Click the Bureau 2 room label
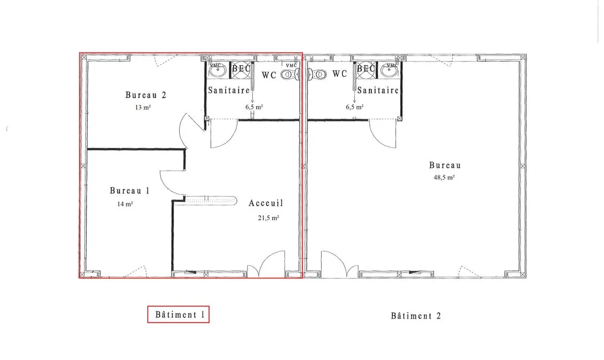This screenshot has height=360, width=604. (146, 95)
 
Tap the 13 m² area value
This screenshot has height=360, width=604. (142, 107)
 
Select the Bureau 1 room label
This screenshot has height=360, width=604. (130, 190)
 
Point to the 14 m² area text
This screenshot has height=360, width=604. (125, 204)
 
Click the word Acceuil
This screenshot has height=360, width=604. (266, 203)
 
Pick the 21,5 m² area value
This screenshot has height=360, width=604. (268, 218)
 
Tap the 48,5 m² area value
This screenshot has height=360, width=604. (444, 178)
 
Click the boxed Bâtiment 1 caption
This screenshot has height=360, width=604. (178, 314)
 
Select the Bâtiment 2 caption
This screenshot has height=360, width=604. (416, 316)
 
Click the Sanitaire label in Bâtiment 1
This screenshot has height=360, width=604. (229, 91)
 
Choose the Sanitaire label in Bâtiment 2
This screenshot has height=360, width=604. (378, 91)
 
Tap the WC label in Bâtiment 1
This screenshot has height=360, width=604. (269, 75)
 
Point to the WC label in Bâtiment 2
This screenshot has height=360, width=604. (340, 74)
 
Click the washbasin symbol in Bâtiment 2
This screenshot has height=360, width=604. (391, 70)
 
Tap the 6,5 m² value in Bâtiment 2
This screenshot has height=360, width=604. (354, 107)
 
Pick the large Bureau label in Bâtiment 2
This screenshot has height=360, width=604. (445, 165)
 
